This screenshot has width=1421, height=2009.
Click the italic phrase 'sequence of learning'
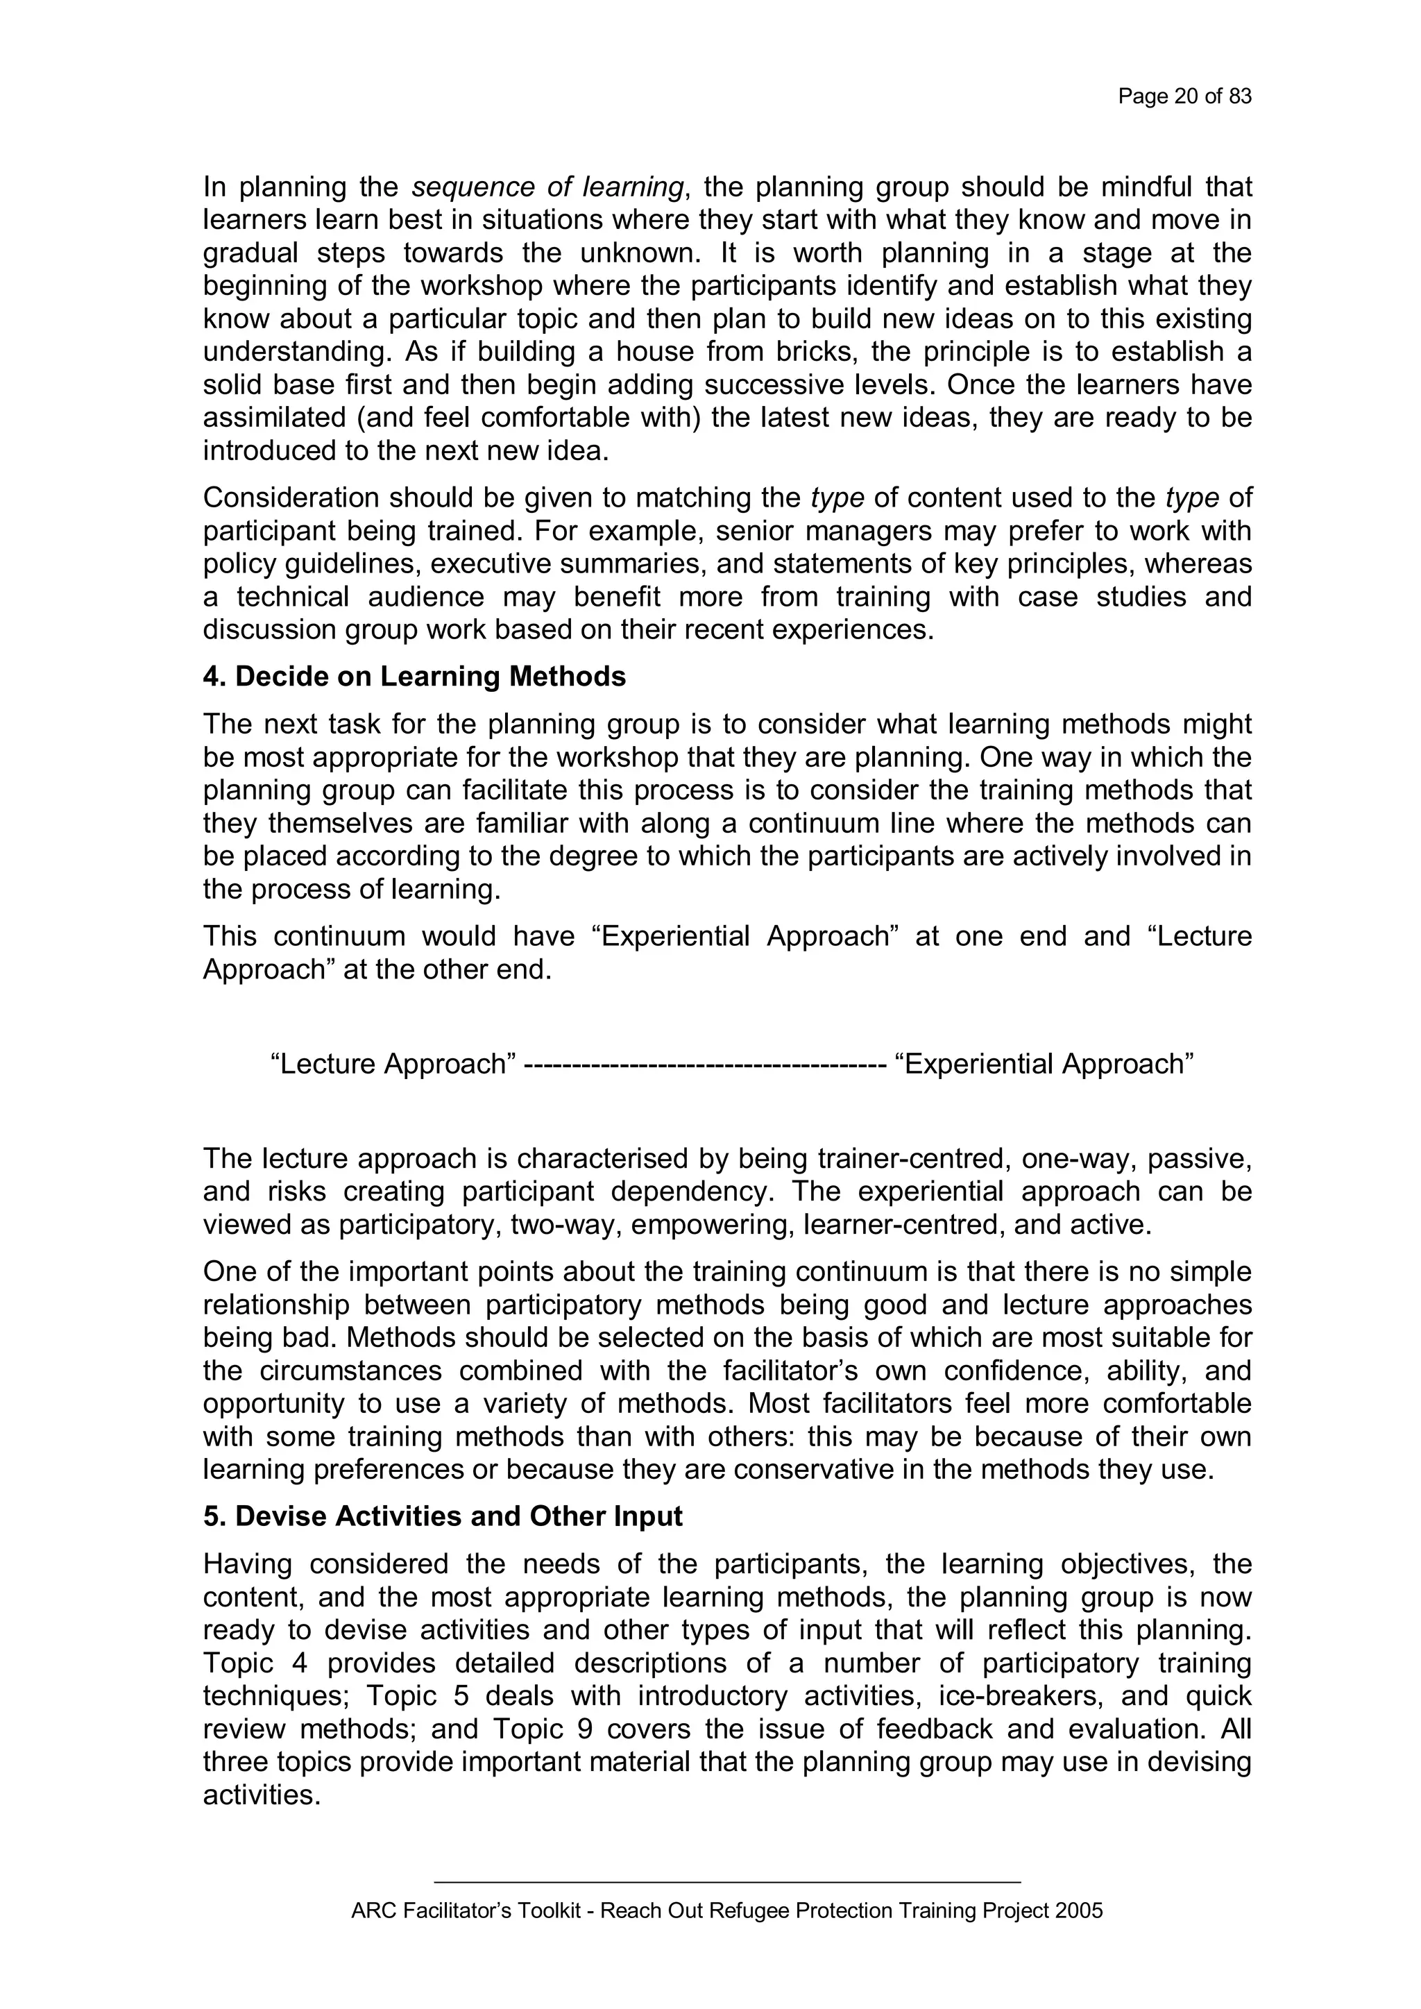pos(547,187)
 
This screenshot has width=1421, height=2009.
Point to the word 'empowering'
pos(710,1225)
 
